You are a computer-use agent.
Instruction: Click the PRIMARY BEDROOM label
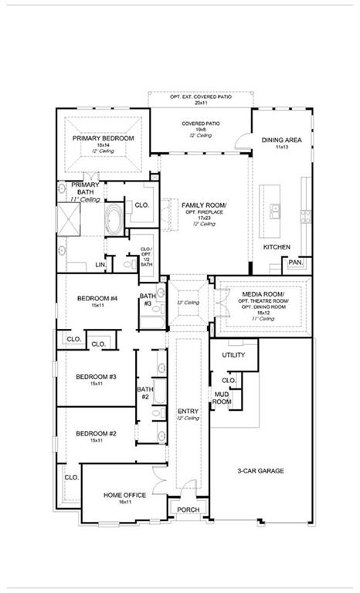[104, 138]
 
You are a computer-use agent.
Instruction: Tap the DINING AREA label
[281, 141]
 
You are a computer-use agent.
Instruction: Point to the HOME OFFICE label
[124, 495]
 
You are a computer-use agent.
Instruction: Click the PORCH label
[188, 510]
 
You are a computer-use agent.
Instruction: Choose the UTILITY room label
[233, 355]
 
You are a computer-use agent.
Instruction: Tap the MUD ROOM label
[222, 398]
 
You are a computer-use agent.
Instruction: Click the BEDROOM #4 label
[97, 299]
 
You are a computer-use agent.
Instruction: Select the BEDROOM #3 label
[96, 377]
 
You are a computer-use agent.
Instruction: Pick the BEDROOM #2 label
[96, 434]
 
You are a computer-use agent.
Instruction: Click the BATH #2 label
[144, 393]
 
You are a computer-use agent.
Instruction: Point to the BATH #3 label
[147, 300]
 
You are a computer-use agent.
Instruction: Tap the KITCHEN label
[277, 247]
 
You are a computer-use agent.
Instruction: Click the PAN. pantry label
[296, 263]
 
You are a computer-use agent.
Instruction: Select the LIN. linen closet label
[100, 264]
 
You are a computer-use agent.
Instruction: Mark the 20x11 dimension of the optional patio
[201, 103]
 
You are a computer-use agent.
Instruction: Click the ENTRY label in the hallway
[188, 411]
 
